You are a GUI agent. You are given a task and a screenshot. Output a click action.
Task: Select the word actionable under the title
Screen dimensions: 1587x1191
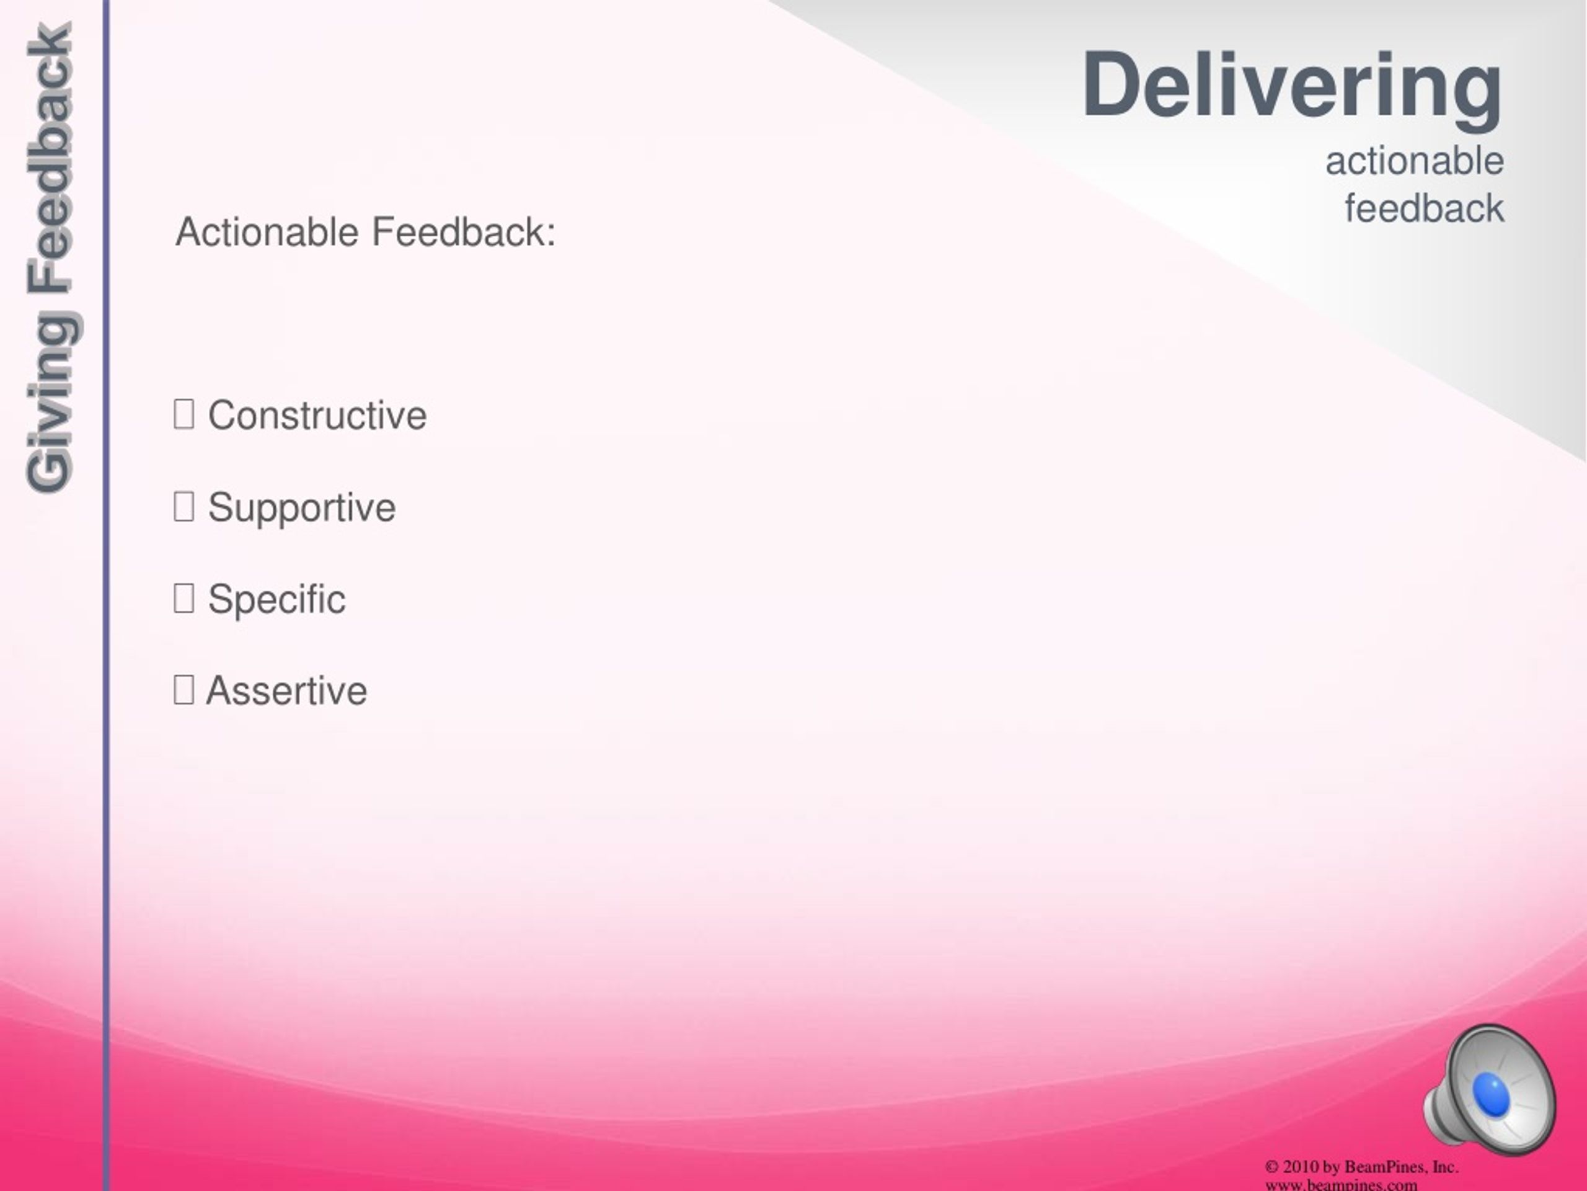[1414, 161]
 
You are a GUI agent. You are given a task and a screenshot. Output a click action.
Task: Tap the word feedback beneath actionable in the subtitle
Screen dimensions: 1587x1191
[1424, 208]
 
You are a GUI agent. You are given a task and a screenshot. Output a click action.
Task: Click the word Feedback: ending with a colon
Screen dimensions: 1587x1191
[464, 232]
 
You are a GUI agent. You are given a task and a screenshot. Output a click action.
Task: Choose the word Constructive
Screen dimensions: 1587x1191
[317, 415]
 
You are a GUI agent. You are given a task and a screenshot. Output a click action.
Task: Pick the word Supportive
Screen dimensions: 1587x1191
[301, 508]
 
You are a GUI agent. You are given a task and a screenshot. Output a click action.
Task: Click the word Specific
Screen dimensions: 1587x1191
[276, 599]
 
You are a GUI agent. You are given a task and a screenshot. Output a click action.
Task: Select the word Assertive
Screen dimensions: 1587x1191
[286, 690]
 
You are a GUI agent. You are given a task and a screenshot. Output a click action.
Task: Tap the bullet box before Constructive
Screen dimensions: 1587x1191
[183, 414]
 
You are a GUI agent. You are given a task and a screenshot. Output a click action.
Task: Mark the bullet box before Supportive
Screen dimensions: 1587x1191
[183, 506]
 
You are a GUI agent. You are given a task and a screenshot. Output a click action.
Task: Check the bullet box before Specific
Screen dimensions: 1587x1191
[183, 598]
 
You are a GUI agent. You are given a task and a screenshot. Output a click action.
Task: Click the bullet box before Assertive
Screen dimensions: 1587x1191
[183, 690]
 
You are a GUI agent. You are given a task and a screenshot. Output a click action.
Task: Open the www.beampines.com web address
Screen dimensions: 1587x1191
[1342, 1185]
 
